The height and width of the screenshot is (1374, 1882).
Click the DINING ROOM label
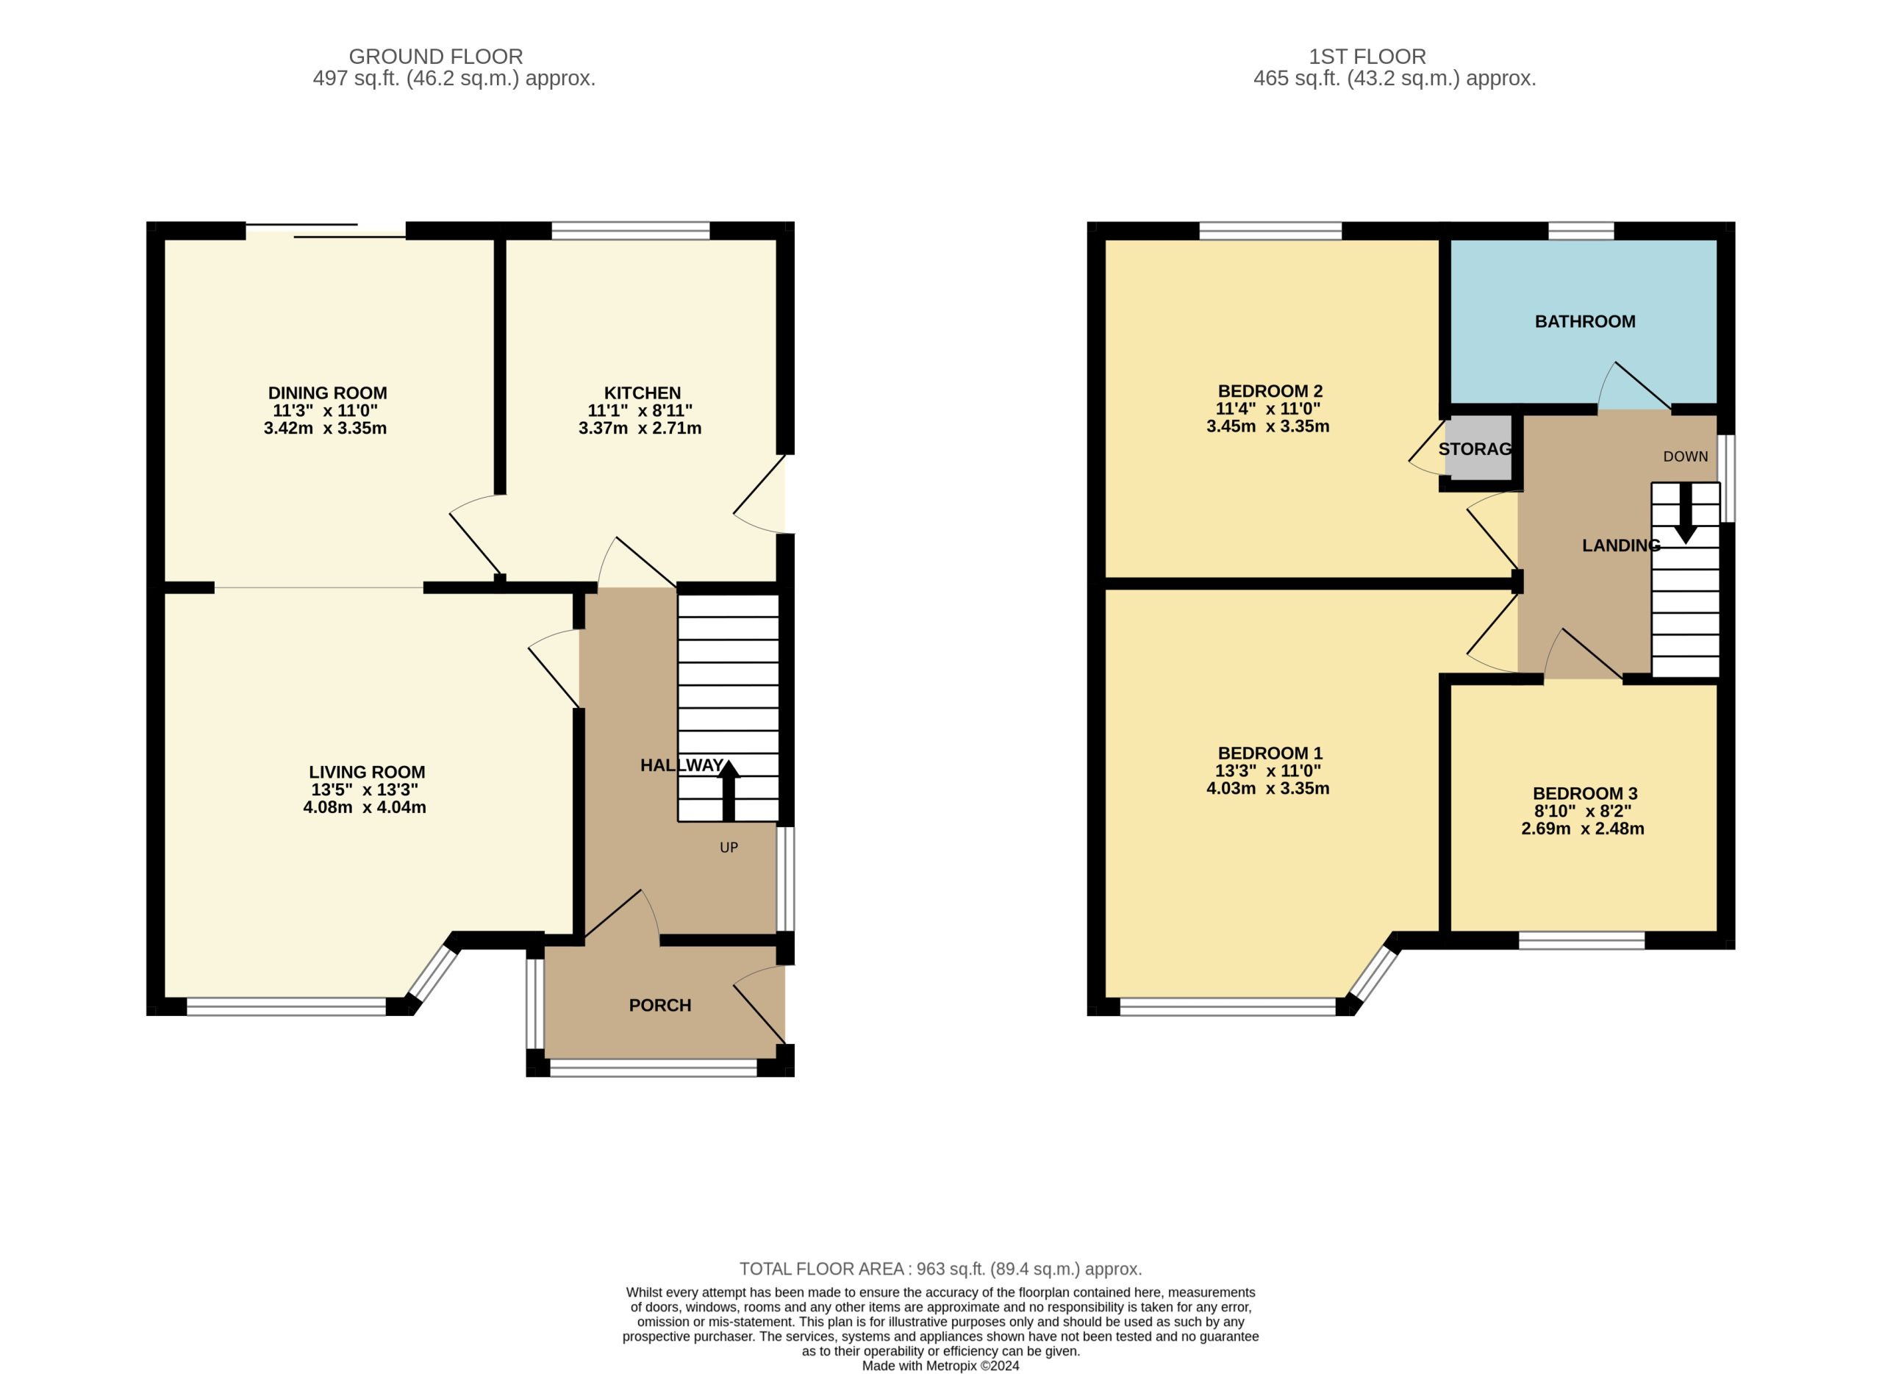[x=327, y=393]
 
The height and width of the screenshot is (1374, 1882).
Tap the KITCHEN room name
[x=642, y=393]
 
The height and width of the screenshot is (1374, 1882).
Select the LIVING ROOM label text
[x=367, y=773]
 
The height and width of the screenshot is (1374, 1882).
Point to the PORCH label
[x=659, y=1006]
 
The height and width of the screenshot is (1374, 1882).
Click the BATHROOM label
[x=1584, y=322]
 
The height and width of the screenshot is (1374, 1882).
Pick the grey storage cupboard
[x=1478, y=448]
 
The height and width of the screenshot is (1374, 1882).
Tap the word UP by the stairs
[x=729, y=848]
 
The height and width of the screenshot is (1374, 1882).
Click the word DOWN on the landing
[x=1685, y=457]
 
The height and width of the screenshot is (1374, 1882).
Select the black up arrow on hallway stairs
[x=729, y=791]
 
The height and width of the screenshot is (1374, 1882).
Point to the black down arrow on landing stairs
[x=1685, y=513]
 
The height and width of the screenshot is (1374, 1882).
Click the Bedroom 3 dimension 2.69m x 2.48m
[x=1582, y=829]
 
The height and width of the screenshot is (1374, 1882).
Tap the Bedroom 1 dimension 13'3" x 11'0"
[x=1267, y=771]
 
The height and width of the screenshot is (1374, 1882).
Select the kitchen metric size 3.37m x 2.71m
[x=640, y=429]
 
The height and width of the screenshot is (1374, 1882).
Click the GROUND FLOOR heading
[x=436, y=57]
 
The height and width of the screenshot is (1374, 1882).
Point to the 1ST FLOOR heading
[x=1367, y=57]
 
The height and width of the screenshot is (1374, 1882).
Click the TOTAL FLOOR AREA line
[x=940, y=1269]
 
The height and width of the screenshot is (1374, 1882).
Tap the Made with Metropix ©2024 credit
[x=940, y=1366]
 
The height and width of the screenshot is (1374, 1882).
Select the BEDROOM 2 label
[x=1270, y=392]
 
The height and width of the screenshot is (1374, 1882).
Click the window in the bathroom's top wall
[x=1580, y=230]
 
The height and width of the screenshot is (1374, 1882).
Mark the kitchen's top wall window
[x=630, y=230]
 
